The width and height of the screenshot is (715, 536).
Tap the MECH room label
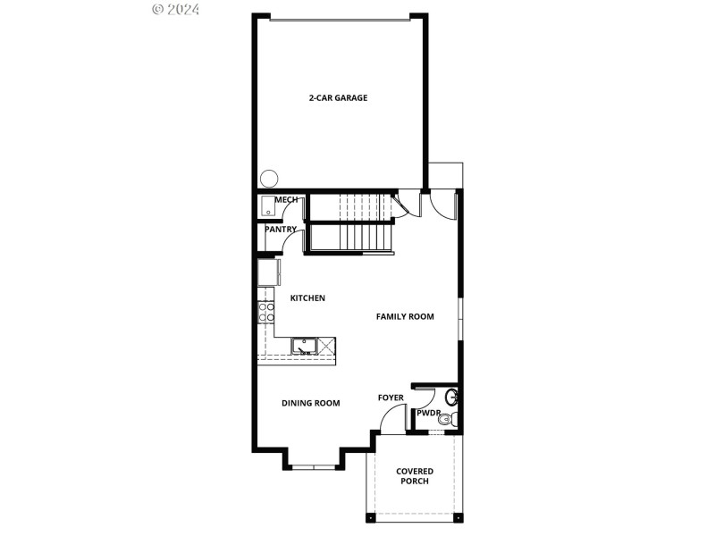coord(286,200)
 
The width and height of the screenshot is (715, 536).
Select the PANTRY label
coord(281,230)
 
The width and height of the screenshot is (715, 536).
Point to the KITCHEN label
coord(307,298)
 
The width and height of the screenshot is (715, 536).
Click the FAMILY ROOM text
coord(405,317)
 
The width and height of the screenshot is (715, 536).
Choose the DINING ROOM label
coord(311,404)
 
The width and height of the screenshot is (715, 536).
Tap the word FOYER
coord(391,398)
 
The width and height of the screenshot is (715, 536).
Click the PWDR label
coord(427,413)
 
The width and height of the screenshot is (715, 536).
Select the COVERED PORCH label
coord(415,476)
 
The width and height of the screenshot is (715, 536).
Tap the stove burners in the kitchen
coord(266,312)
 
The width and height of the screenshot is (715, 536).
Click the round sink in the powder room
coord(452,396)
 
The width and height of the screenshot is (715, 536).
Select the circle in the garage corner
coord(268,178)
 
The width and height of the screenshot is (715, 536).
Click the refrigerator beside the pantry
coord(269,272)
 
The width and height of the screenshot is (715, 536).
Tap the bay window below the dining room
coord(314,466)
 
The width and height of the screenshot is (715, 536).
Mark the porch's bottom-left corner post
coord(369,518)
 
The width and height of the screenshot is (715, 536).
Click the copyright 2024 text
coord(176,9)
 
